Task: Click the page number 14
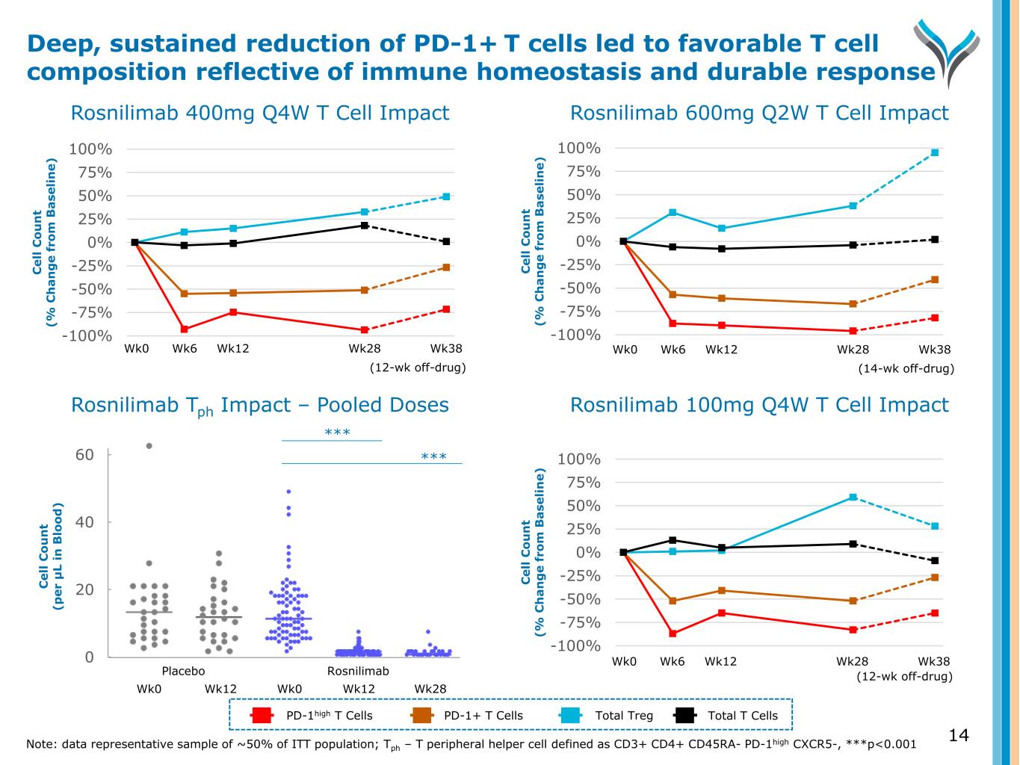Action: pos(959,736)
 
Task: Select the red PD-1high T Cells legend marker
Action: pos(262,716)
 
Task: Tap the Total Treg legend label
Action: pos(623,716)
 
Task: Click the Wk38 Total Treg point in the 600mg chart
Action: pos(935,152)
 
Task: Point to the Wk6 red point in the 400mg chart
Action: pos(185,329)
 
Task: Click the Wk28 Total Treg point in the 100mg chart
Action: pos(853,497)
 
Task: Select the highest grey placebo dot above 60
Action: pos(149,446)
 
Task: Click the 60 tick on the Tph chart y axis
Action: pos(85,455)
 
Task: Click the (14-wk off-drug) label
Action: pos(906,368)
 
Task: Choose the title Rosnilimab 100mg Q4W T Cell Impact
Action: pos(759,405)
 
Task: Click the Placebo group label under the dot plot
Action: pos(183,671)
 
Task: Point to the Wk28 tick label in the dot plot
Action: pos(430,688)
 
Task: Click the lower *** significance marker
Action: pos(434,456)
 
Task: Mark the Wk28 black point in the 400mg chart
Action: pos(365,226)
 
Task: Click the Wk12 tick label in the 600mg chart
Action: pos(721,350)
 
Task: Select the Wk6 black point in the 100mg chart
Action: pos(673,540)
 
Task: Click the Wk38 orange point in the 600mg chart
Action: pos(935,279)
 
